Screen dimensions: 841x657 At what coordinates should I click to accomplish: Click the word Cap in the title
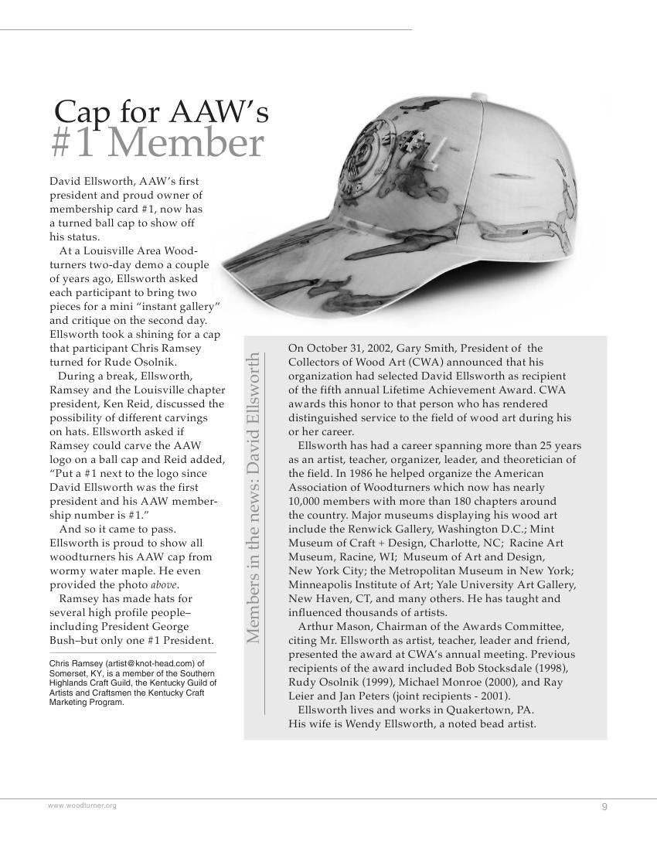coord(83,112)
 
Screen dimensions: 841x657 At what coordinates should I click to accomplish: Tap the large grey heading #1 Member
coord(158,143)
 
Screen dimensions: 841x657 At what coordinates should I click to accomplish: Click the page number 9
coord(604,807)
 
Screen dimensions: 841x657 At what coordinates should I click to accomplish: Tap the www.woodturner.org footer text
coord(82,805)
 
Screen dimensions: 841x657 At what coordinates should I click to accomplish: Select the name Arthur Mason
coord(331,626)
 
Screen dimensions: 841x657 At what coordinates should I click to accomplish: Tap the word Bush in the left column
coord(63,640)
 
